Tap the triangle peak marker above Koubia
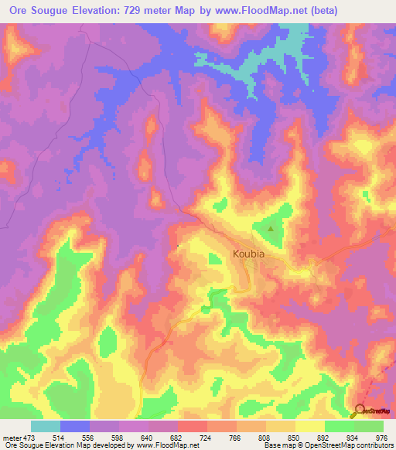(x=271, y=228)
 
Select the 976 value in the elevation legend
(x=381, y=437)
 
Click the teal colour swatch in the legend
(x=46, y=426)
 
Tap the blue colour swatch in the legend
(x=75, y=426)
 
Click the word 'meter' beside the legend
(x=12, y=437)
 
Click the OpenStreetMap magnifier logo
(x=360, y=411)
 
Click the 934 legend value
(x=352, y=437)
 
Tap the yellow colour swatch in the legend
(x=309, y=426)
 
